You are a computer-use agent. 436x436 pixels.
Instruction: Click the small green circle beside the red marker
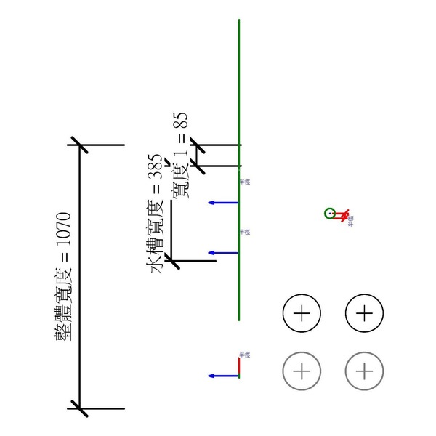(x=330, y=214)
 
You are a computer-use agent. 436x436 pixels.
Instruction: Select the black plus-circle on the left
(x=302, y=313)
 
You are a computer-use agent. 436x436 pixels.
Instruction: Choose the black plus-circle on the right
(x=364, y=313)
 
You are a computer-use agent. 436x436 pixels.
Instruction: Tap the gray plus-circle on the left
(x=302, y=371)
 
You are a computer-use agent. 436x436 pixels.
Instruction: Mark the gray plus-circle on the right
(x=364, y=371)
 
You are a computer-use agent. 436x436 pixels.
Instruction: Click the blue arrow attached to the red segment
(x=222, y=376)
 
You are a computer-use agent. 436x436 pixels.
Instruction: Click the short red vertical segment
(x=239, y=366)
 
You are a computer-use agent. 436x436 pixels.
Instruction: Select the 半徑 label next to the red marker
(x=351, y=220)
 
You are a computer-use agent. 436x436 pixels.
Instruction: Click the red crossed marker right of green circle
(x=341, y=214)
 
